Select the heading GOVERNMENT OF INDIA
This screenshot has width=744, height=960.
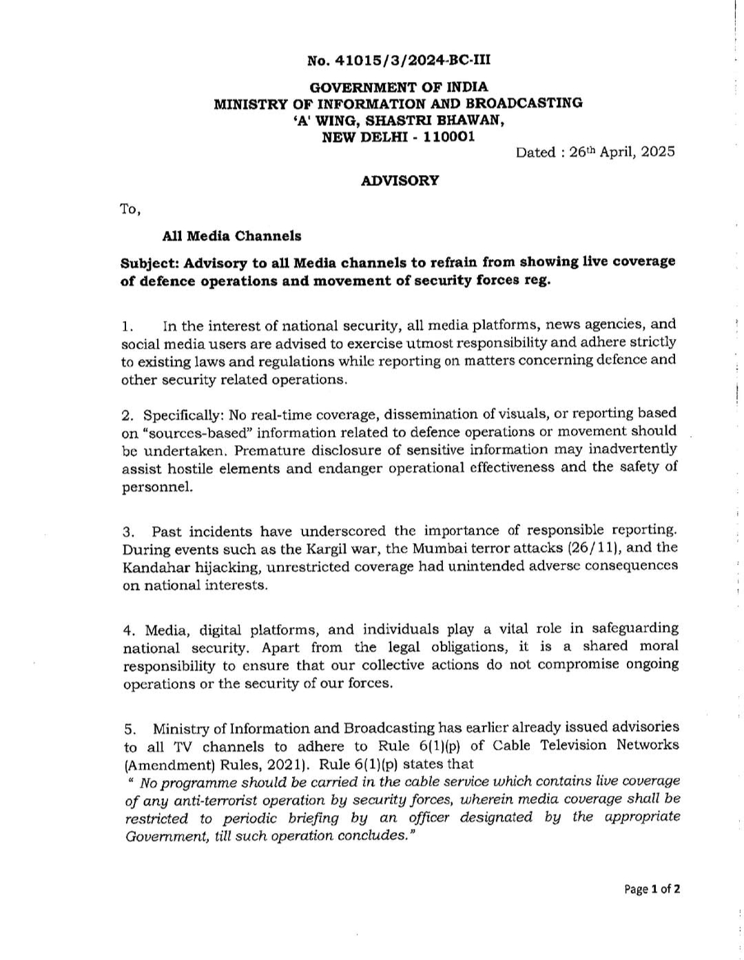tap(398, 88)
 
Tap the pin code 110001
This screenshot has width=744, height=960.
tap(448, 136)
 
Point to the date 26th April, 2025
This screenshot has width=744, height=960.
tap(623, 152)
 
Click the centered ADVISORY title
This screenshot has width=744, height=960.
tap(400, 181)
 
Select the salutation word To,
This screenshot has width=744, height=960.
tap(130, 209)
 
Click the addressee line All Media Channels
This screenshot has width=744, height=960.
tap(231, 236)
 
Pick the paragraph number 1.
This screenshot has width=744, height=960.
tap(125, 325)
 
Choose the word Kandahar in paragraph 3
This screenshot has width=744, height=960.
tap(152, 567)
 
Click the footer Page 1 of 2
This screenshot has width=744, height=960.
tap(652, 889)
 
